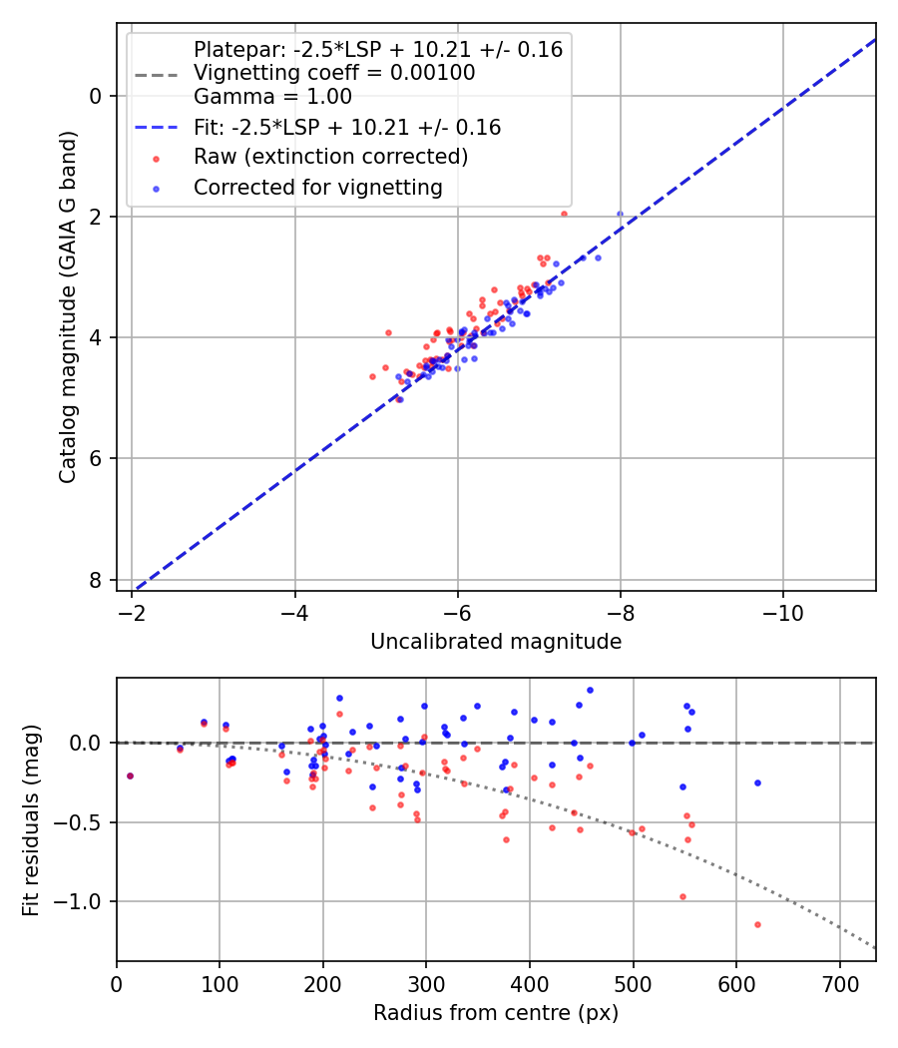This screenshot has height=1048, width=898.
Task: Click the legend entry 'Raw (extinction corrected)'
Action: point(330,157)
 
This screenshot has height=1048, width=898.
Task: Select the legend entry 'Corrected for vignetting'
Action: point(317,187)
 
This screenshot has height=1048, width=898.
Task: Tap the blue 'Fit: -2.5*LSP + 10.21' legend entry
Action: point(346,127)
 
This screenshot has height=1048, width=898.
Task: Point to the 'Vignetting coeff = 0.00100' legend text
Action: point(334,73)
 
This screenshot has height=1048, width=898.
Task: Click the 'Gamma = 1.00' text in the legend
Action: point(272,97)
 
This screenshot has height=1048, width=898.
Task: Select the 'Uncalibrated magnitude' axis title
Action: point(496,642)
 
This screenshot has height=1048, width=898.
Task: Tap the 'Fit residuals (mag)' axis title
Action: point(32,818)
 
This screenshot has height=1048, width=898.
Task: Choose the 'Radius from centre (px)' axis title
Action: point(496,1013)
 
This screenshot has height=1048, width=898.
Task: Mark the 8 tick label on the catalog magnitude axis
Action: point(96,580)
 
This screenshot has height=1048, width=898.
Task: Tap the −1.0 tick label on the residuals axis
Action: point(84,901)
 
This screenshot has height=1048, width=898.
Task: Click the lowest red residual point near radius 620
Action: point(757,924)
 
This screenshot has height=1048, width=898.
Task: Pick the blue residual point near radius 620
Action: point(757,783)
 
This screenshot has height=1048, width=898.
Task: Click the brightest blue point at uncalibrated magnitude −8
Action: point(620,214)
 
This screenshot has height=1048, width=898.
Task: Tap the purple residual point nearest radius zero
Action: point(130,776)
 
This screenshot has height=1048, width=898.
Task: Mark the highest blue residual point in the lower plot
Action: point(590,690)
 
